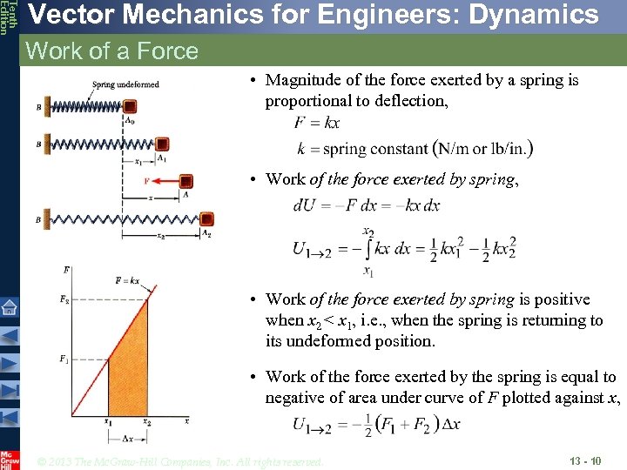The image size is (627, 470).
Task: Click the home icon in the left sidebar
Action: tap(10, 305)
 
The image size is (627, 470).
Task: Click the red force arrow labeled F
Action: tap(158, 181)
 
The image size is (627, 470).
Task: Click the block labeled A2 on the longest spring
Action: tap(206, 220)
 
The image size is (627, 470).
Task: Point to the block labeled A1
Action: tap(162, 144)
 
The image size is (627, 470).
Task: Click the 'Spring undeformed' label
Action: tap(125, 84)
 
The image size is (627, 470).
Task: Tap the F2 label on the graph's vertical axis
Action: tap(64, 300)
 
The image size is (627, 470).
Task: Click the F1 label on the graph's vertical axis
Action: tap(64, 358)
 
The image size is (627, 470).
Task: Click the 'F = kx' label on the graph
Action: tap(127, 280)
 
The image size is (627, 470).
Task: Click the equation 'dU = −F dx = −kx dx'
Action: tap(367, 206)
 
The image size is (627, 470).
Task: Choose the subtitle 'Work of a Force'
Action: tap(112, 51)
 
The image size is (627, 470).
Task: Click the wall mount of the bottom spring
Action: tap(46, 220)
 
